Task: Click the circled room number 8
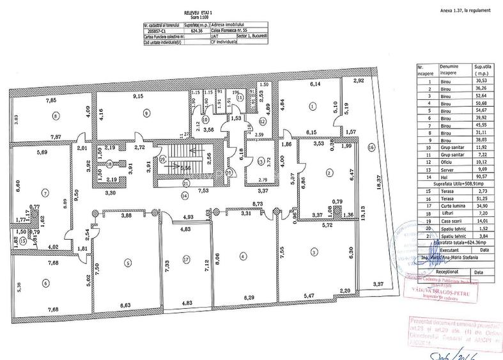click(56, 116)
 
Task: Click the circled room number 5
click(128, 262)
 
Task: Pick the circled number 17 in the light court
click(186, 260)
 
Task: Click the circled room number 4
click(242, 256)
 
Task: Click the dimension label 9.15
click(137, 97)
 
